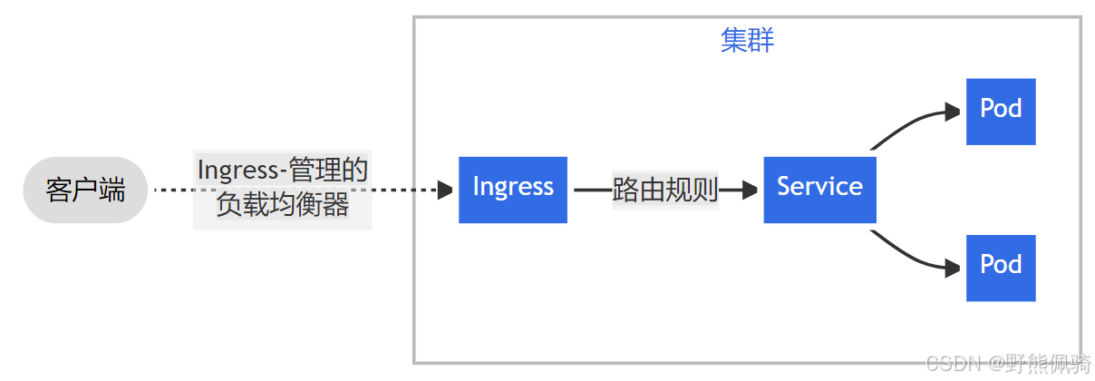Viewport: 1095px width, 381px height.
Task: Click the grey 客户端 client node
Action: (84, 190)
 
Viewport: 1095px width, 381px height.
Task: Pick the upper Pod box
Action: (1001, 112)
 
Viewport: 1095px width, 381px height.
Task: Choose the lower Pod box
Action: (1001, 268)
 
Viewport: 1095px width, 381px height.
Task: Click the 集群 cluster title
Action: (747, 41)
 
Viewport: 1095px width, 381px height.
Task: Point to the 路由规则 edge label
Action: (665, 190)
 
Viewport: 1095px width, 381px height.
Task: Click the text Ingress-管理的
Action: (282, 170)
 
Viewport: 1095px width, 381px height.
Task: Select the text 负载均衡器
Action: (282, 206)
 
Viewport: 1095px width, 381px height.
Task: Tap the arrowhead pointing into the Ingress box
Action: (445, 190)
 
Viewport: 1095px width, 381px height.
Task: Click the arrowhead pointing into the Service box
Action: (751, 190)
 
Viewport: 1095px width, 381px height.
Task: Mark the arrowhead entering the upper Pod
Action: (952, 112)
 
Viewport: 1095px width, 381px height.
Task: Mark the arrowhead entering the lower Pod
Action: (952, 268)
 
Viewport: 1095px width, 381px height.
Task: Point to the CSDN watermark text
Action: (954, 365)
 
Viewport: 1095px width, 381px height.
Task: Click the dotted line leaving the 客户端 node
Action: (172, 190)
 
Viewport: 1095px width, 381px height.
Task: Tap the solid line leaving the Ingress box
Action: (591, 190)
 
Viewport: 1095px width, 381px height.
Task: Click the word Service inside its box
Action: (819, 187)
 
